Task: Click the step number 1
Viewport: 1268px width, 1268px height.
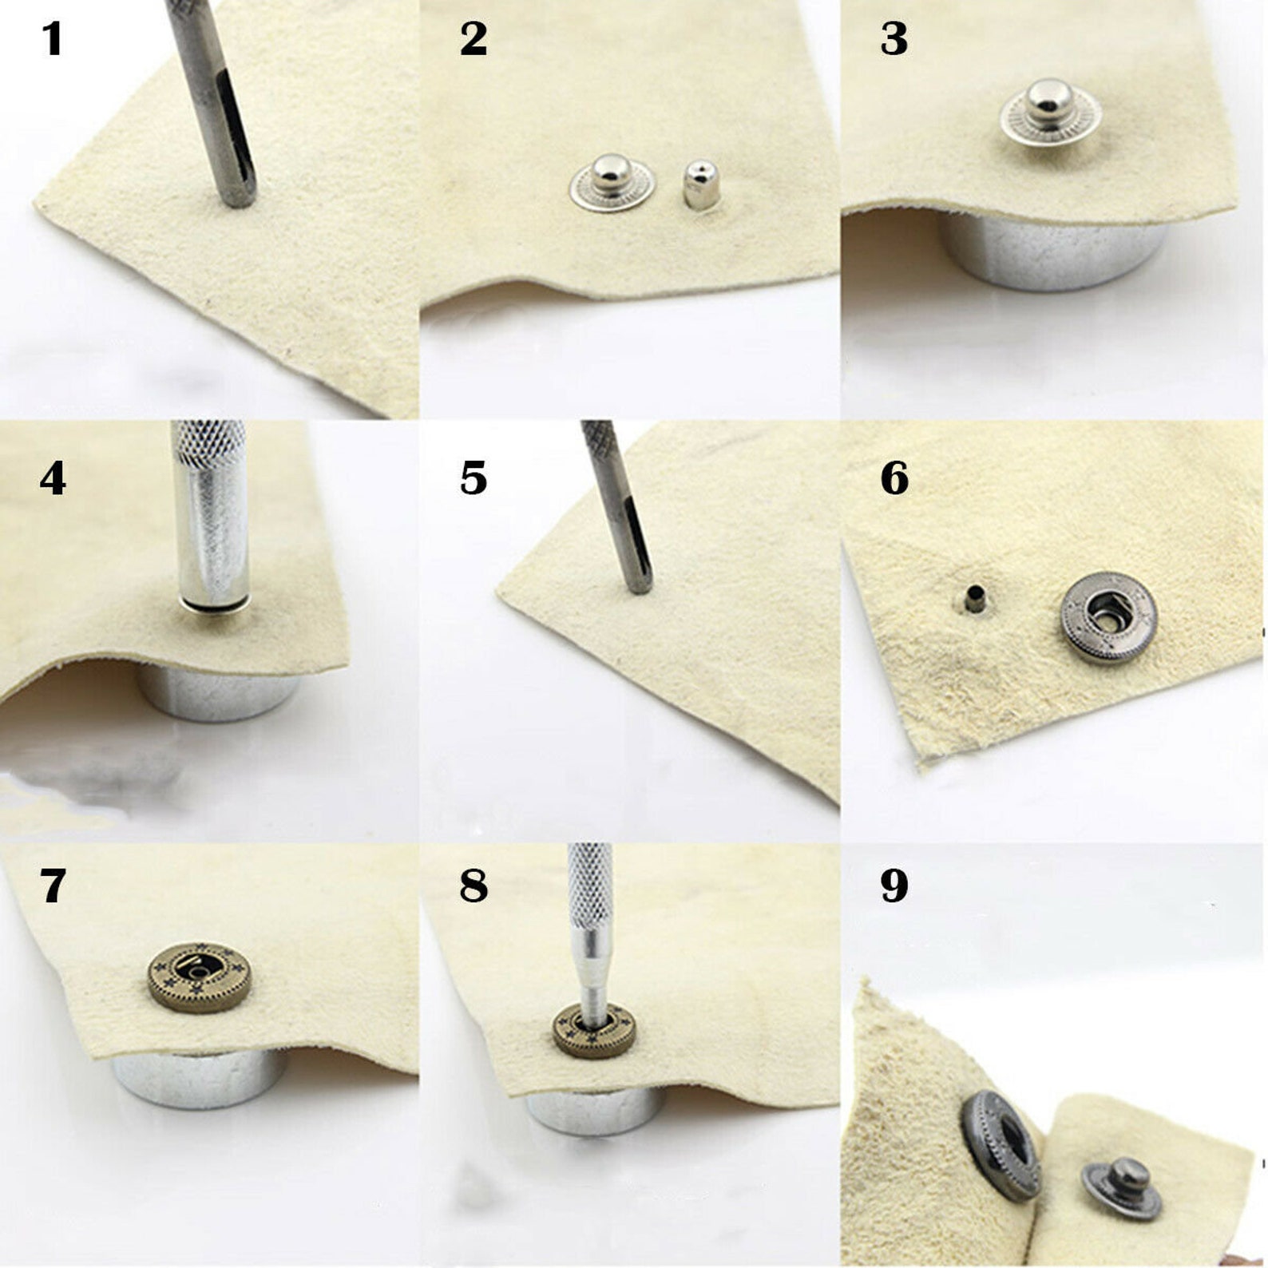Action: coord(52,38)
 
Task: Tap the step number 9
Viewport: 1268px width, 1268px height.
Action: coord(894,885)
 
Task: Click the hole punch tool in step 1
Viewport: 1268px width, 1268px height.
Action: coord(219,104)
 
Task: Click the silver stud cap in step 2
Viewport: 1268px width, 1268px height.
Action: coord(612,183)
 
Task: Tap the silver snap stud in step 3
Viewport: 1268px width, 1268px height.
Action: coord(1050,112)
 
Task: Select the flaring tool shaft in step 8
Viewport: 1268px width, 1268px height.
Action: coord(591,934)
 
